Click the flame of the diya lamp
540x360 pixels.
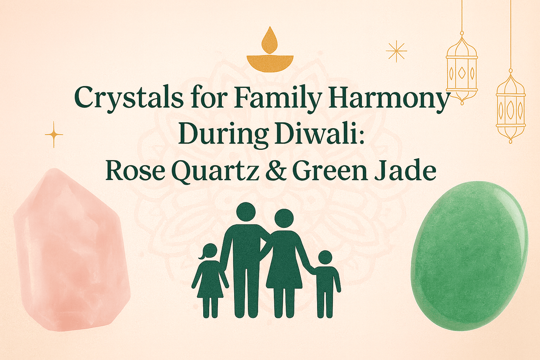pos(269,40)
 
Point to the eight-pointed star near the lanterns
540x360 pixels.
pos(396,52)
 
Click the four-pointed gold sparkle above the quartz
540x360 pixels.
pos(54,134)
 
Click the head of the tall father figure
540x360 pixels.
pos(246,213)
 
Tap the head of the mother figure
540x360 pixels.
pos(284,218)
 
